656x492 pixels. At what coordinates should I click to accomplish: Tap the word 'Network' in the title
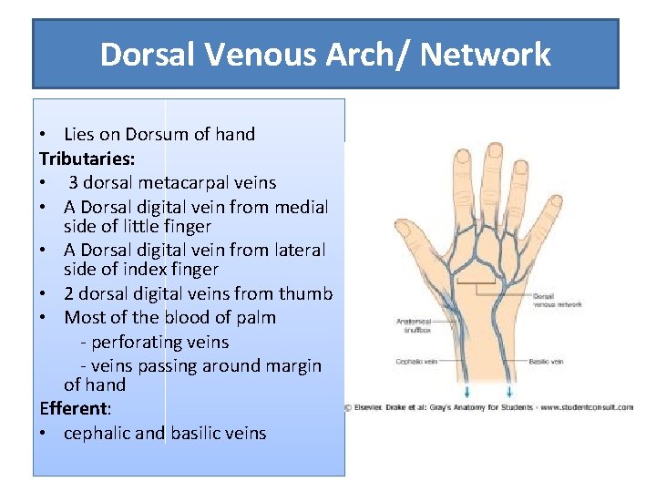[x=486, y=55]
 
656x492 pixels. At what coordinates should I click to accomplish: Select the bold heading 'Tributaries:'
[x=87, y=159]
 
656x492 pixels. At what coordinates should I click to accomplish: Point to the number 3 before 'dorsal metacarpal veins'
[x=73, y=183]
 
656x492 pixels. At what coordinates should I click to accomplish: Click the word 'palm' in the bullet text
[x=256, y=318]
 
